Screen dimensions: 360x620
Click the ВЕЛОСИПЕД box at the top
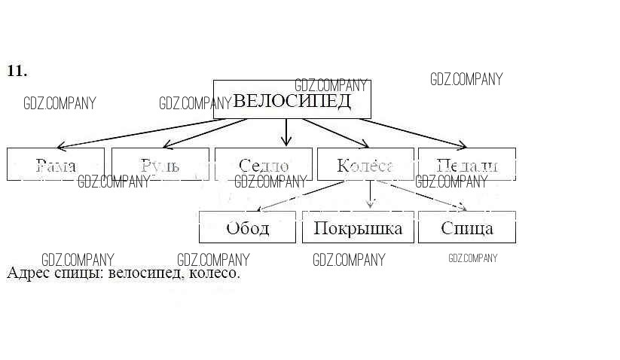point(292,100)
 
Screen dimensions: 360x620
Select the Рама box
point(56,164)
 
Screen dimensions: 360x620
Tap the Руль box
point(160,164)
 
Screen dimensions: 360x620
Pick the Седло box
point(263,164)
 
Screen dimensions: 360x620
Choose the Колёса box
point(365,164)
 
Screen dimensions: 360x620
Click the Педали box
point(466,164)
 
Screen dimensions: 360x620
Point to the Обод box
point(247,227)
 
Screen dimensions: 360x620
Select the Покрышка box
point(358,227)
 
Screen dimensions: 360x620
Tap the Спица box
point(467,227)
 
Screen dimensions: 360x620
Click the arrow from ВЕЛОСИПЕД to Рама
point(136,133)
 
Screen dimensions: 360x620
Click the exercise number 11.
point(17,72)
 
